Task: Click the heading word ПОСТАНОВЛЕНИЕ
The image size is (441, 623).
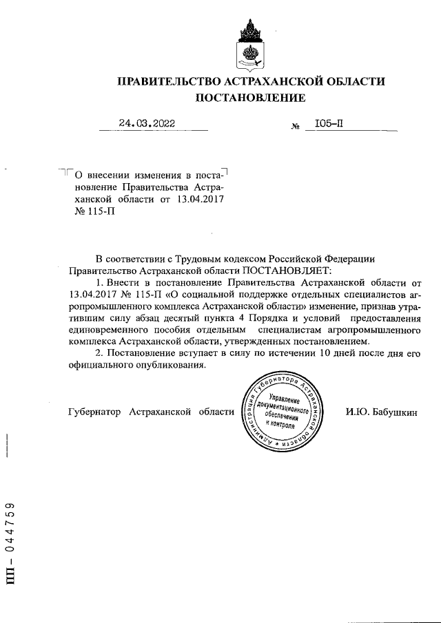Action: tap(250, 98)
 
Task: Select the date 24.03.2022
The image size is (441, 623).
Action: tap(146, 124)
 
